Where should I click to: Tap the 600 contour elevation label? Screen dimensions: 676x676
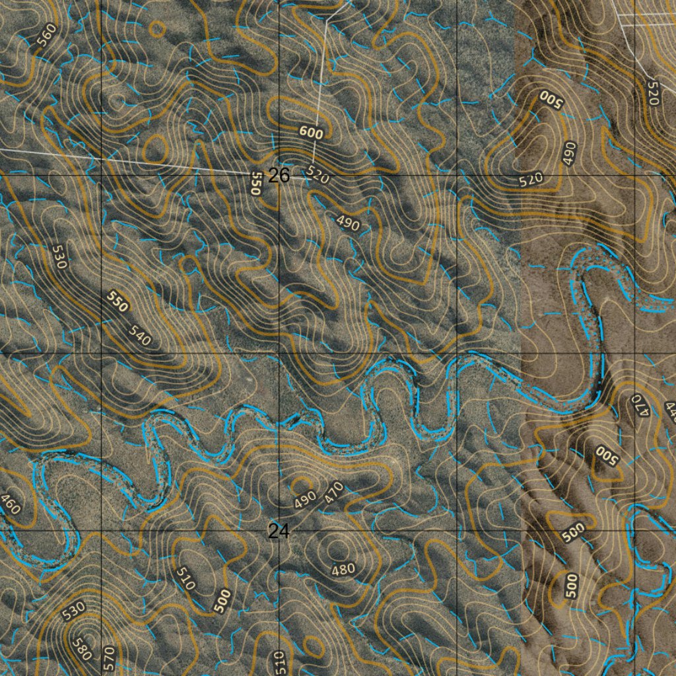pos(311,133)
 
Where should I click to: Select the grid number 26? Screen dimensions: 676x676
pos(279,176)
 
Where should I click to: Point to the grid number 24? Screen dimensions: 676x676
pos(279,531)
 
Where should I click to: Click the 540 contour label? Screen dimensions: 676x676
pos(140,336)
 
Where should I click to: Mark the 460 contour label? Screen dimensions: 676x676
pos(11,504)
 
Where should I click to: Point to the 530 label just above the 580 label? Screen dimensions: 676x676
pos(74,611)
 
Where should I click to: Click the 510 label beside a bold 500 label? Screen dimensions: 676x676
pos(186,578)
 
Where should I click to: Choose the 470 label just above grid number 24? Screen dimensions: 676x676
pos(334,492)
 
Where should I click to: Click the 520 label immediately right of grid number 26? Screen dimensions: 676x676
pos(318,176)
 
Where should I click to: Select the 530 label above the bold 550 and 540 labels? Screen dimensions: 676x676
pos(59,256)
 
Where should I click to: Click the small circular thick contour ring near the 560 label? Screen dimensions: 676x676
pos(157,28)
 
